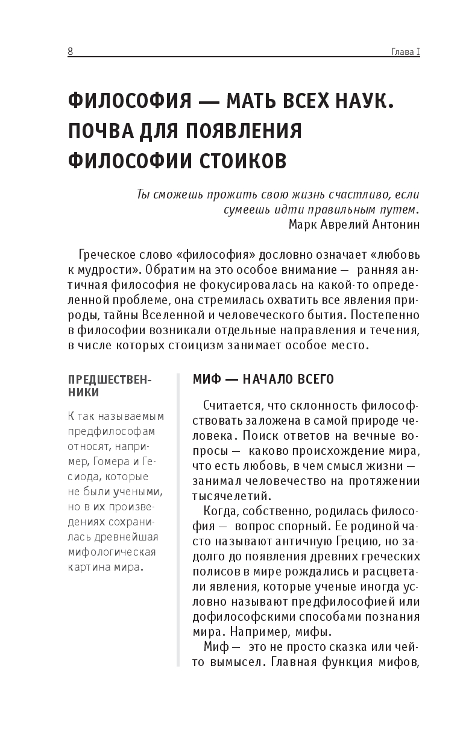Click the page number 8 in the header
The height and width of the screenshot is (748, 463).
(70, 51)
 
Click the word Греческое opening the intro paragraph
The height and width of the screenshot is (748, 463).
(112, 252)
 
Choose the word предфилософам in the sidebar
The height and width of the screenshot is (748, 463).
(112, 431)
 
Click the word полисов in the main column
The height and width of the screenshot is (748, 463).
(213, 571)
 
